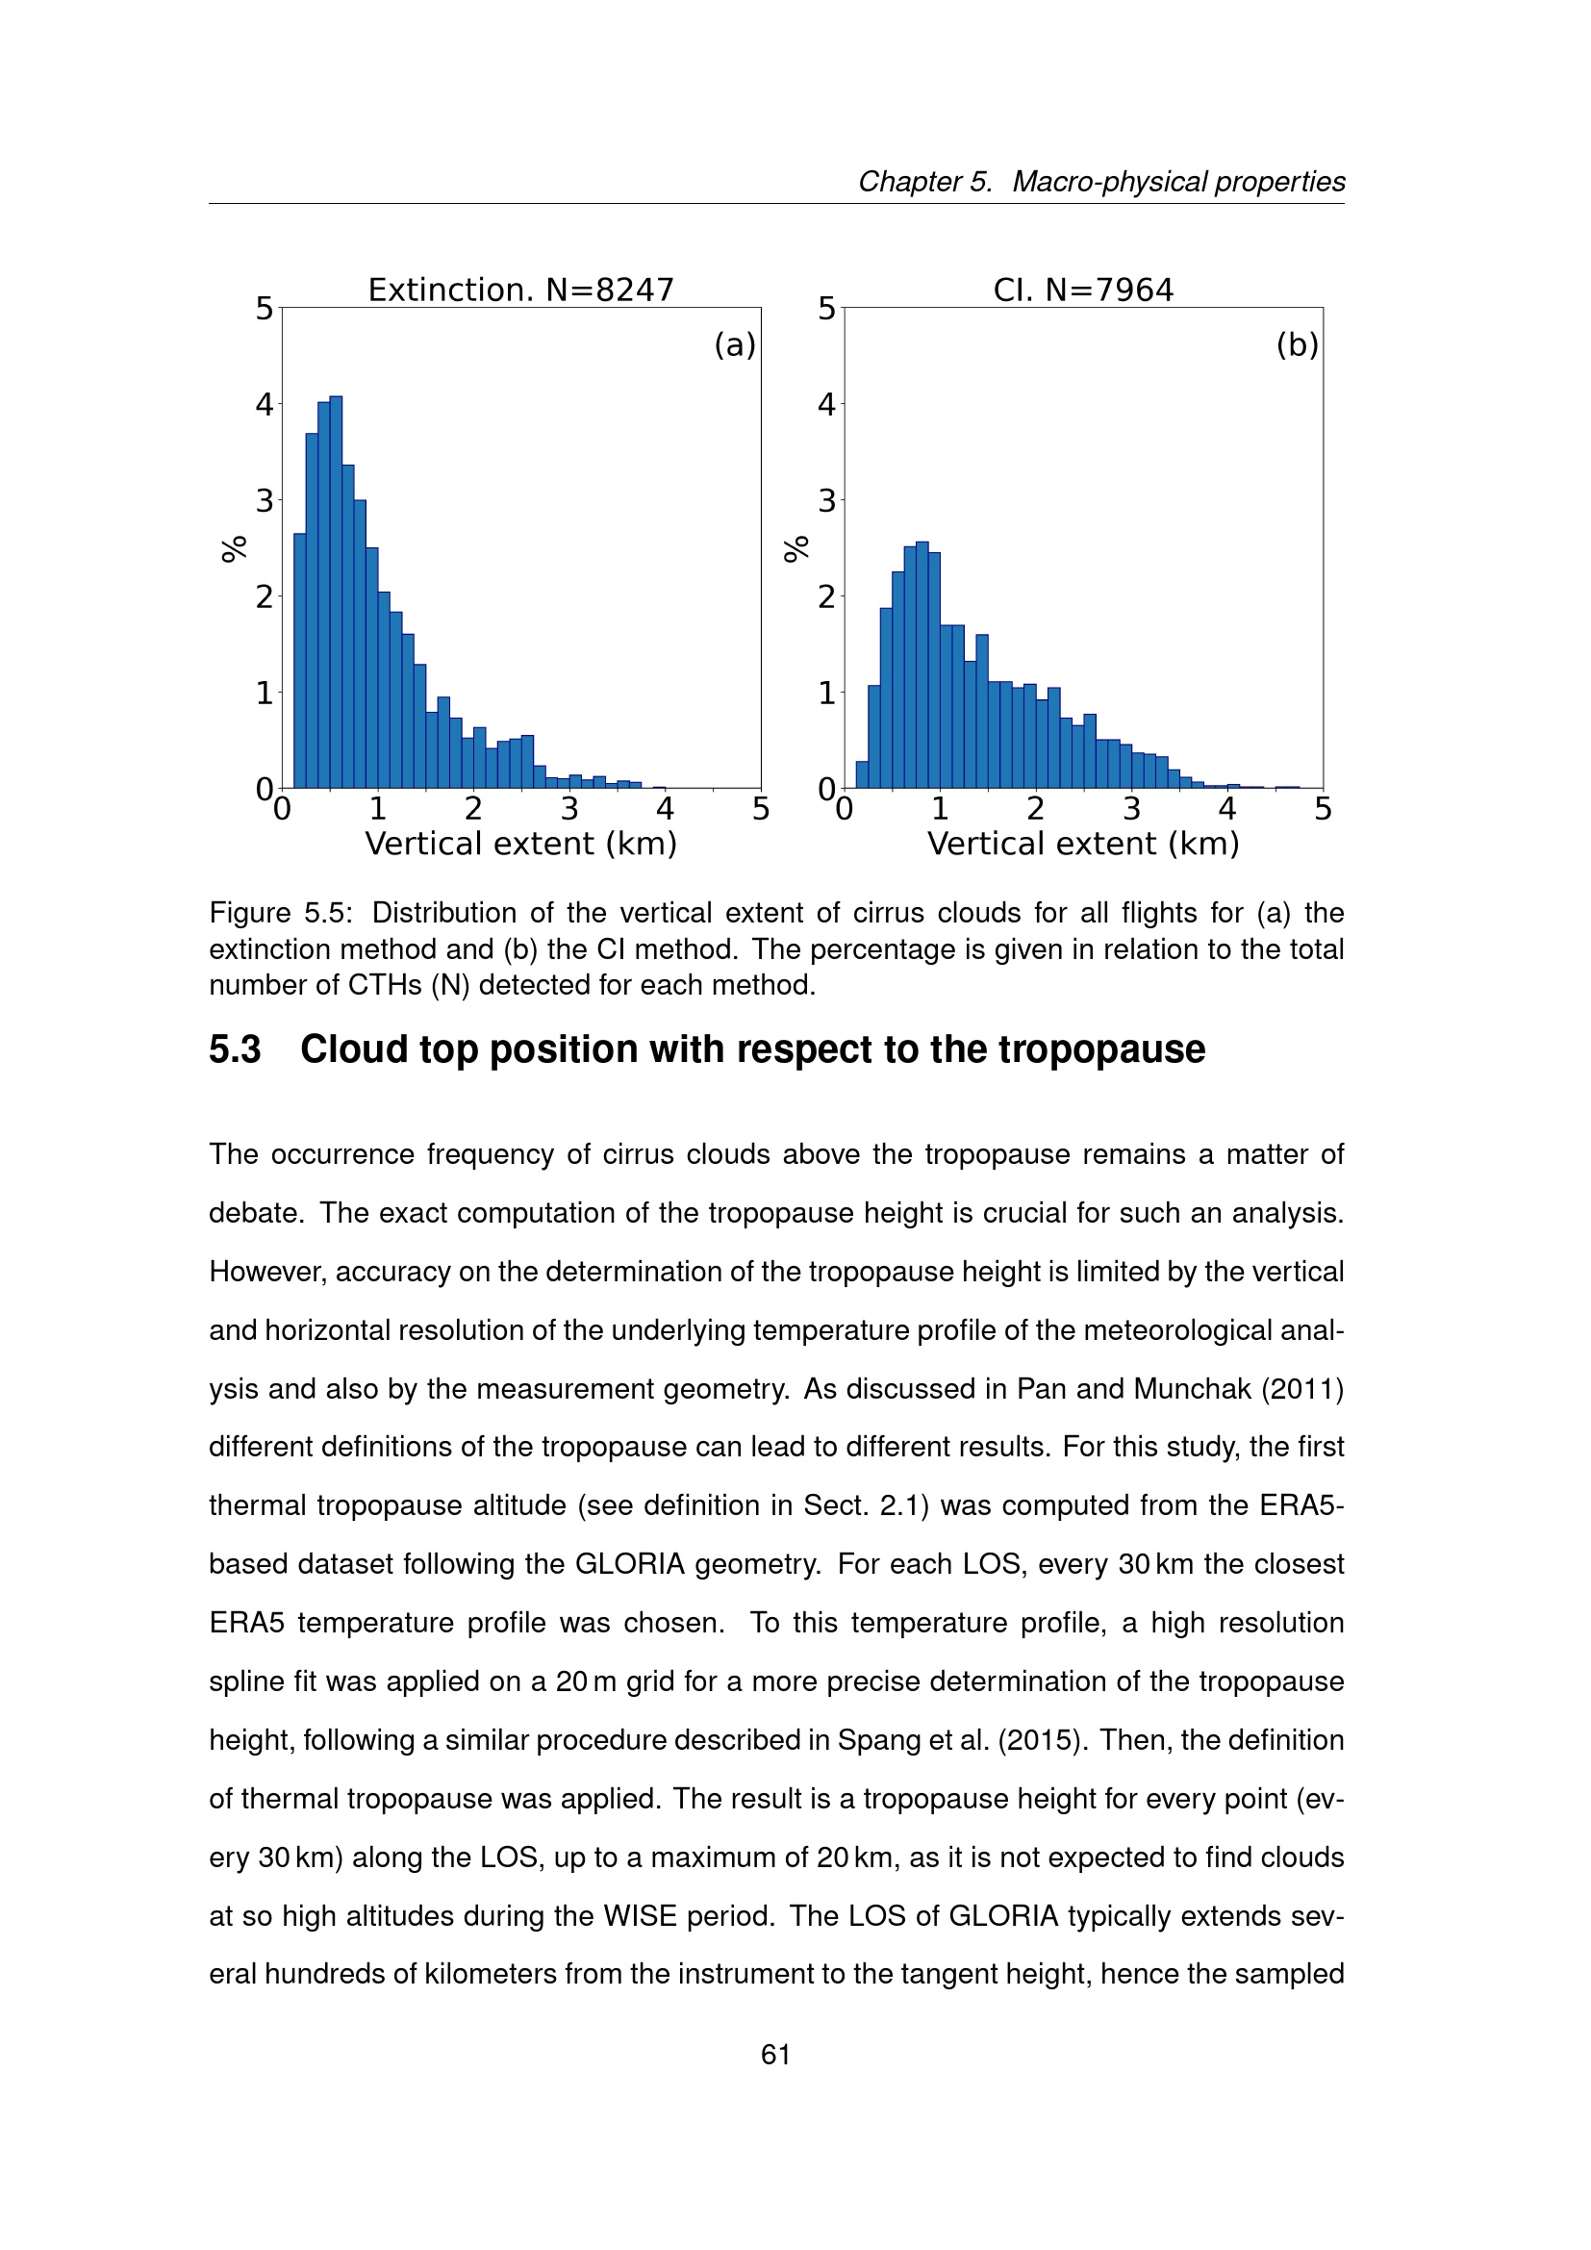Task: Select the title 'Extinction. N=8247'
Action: click(x=520, y=291)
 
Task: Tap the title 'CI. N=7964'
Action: click(x=1082, y=291)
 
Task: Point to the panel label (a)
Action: click(x=735, y=345)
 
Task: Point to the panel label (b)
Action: click(x=1297, y=345)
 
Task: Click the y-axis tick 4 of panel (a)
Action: click(x=265, y=404)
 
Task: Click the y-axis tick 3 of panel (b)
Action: click(x=827, y=501)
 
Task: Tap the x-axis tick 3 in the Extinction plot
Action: click(x=569, y=809)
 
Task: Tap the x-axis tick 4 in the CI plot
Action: click(x=1226, y=809)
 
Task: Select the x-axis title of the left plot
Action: click(x=520, y=844)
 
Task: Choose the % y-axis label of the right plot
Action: click(x=796, y=548)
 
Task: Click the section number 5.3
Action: click(x=235, y=1049)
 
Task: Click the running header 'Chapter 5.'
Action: click(x=925, y=181)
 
